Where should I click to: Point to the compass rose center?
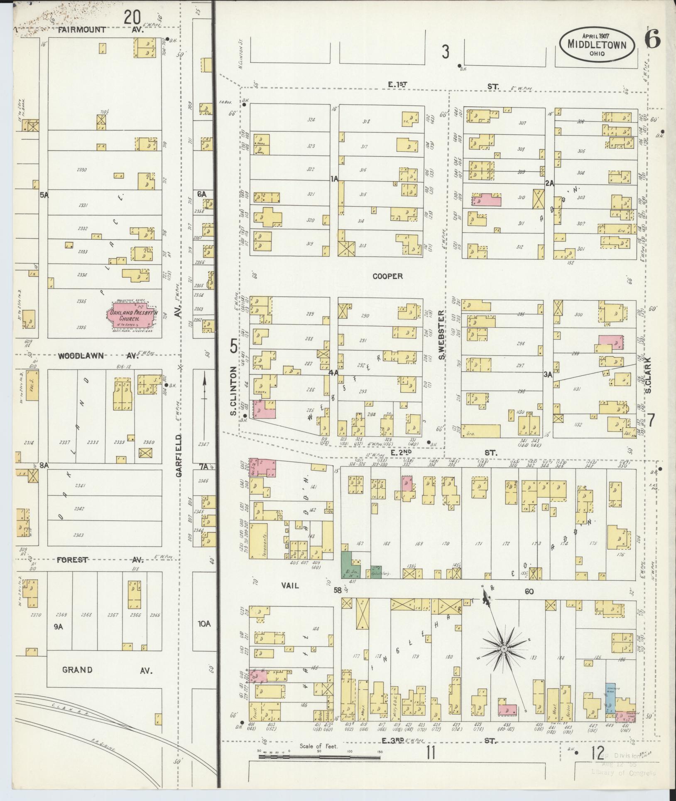[503, 649]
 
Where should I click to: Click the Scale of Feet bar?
[319, 758]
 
